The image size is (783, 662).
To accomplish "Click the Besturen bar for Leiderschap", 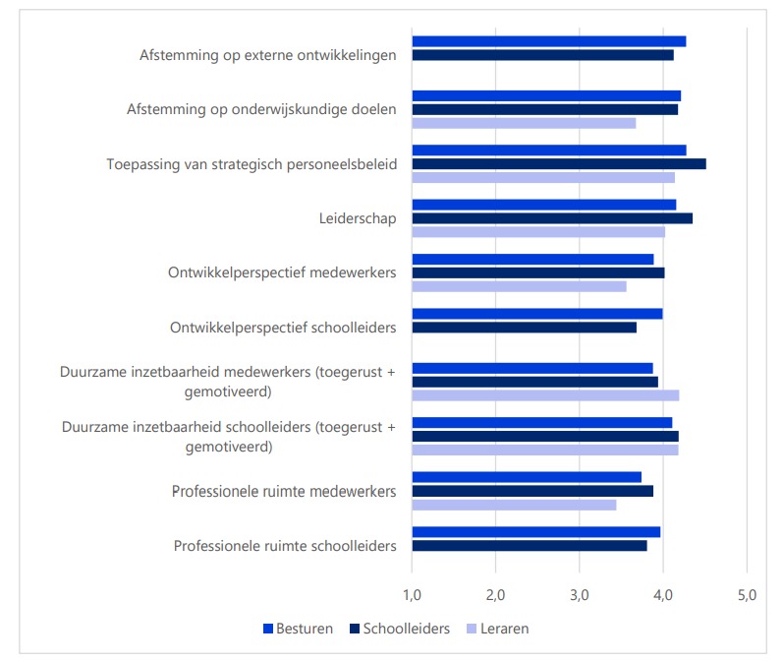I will (543, 205).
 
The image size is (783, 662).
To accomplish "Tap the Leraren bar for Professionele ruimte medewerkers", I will (514, 505).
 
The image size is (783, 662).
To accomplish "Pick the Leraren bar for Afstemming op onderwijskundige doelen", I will (524, 123).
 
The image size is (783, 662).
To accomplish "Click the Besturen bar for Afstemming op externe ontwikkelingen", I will (548, 41).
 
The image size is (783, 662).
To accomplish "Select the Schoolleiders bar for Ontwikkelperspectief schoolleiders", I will (524, 328).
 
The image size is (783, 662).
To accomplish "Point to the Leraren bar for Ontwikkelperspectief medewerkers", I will (519, 286).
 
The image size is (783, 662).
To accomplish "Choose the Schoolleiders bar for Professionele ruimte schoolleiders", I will (530, 545).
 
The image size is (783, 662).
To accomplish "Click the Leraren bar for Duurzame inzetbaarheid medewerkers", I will (545, 395).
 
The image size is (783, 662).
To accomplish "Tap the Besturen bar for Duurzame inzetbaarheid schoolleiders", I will (541, 423).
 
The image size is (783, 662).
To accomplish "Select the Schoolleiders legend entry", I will (399, 629).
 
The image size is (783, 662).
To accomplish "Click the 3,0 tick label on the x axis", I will (579, 594).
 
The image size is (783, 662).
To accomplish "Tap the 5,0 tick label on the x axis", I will (746, 594).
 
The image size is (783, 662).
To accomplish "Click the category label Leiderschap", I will (359, 218).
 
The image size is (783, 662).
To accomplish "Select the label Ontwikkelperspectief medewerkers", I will (282, 272).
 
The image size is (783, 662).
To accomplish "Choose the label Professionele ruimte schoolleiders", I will (285, 545).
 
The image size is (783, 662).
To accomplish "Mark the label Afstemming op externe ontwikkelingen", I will (268, 55).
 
